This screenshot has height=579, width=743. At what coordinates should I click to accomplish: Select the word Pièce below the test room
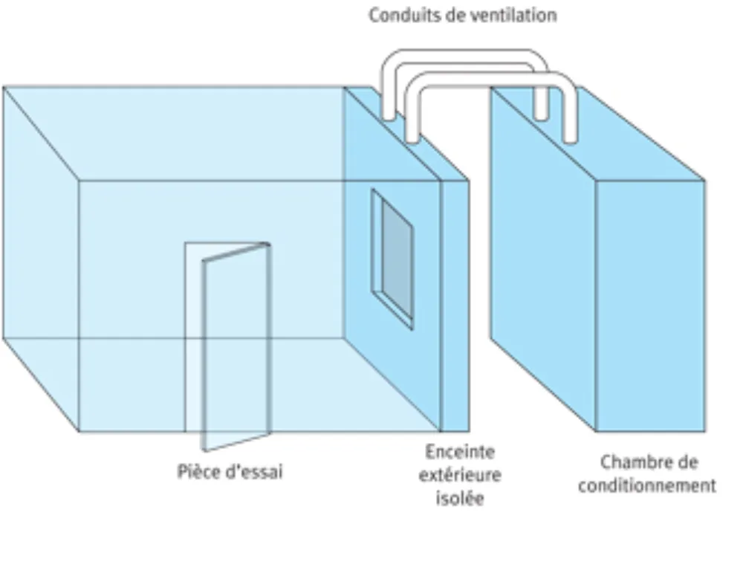point(198,471)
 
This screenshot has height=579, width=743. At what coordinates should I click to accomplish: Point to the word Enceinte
point(460,451)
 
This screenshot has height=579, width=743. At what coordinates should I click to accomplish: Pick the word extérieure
point(460,475)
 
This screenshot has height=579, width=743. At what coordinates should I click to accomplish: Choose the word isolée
point(460,498)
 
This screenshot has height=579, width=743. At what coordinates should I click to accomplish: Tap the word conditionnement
point(647,485)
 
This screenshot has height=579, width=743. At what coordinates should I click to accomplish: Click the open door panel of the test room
point(237,346)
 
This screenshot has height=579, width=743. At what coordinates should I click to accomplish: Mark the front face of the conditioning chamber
point(651,306)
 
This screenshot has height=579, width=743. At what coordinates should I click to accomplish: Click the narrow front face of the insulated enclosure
point(455,306)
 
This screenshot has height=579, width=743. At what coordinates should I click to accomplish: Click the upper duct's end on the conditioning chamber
point(541,114)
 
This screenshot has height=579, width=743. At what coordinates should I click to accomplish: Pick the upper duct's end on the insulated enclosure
point(389,115)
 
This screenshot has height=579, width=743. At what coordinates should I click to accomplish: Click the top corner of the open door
point(269,245)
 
